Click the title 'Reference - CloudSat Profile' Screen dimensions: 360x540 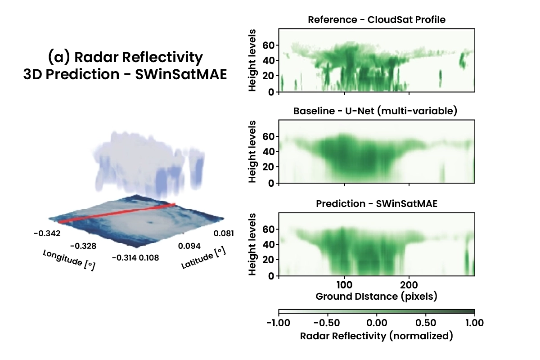[x=377, y=20]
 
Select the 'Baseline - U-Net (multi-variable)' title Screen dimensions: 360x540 [x=377, y=111]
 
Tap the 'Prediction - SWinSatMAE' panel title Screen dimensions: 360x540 [x=377, y=204]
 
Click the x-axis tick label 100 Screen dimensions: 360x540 [x=344, y=286]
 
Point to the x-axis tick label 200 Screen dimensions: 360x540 [x=409, y=286]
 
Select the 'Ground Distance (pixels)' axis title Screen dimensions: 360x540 [x=377, y=297]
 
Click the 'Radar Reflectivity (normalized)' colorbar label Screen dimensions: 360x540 [x=377, y=336]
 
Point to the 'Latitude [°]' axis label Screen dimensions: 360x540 [x=203, y=258]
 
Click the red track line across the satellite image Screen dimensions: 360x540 [x=117, y=213]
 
